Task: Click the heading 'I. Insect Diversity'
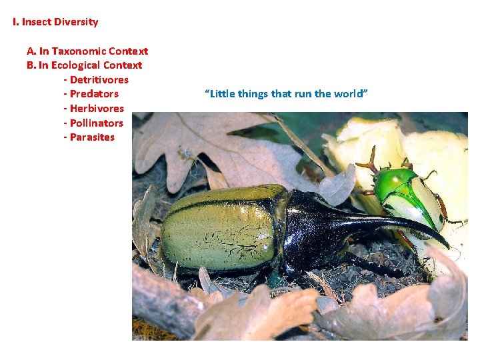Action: tap(55, 22)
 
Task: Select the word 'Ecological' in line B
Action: tap(75, 65)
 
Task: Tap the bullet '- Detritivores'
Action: tap(96, 80)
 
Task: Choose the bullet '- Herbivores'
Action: tap(93, 109)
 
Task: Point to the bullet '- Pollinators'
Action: tap(93, 123)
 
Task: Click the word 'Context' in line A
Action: tap(129, 51)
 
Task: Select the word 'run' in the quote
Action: tap(301, 94)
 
